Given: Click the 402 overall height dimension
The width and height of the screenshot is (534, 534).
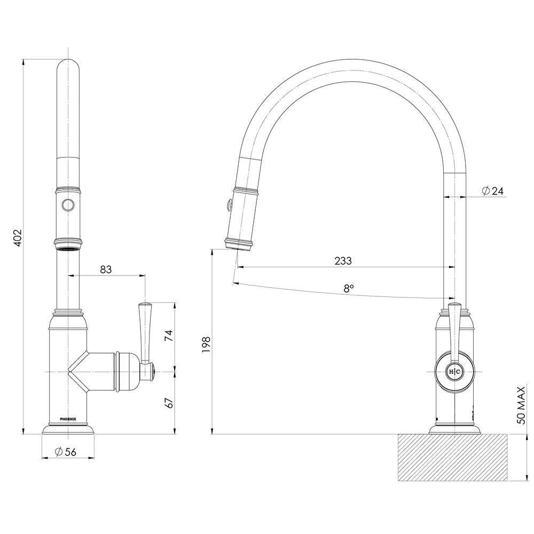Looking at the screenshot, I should point(17,237).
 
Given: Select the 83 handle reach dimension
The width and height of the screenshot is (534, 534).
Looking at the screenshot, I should point(106,270).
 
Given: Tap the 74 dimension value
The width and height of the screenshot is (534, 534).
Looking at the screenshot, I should point(169,335).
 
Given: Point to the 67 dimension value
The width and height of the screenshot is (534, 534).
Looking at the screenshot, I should point(169,403).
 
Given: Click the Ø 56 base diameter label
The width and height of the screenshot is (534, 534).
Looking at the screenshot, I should point(66,452).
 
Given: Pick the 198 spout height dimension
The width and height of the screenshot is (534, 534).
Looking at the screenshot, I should point(206,345).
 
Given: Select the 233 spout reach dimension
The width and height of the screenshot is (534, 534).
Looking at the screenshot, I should point(343,261).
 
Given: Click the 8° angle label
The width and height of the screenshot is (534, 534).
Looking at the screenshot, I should point(349,288).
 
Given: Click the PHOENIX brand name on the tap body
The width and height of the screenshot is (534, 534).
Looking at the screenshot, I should point(68,419).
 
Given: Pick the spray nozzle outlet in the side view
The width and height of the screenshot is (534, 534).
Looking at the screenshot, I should point(238,245).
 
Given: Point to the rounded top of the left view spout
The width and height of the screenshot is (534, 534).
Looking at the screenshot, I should point(68,67).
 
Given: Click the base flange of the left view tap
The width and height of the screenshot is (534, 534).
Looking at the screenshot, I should point(68,429).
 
